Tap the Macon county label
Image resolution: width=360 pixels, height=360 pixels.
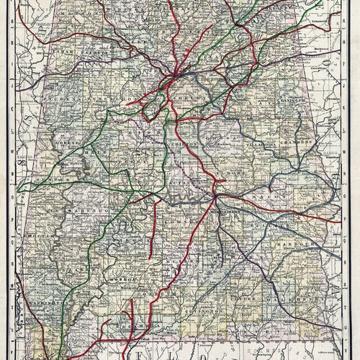pos(266,195)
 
